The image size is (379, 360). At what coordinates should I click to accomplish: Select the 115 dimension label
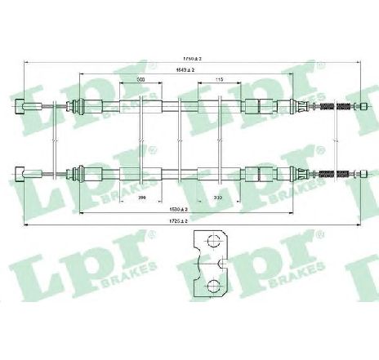219,78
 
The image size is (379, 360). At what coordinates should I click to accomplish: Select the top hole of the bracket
211,242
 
